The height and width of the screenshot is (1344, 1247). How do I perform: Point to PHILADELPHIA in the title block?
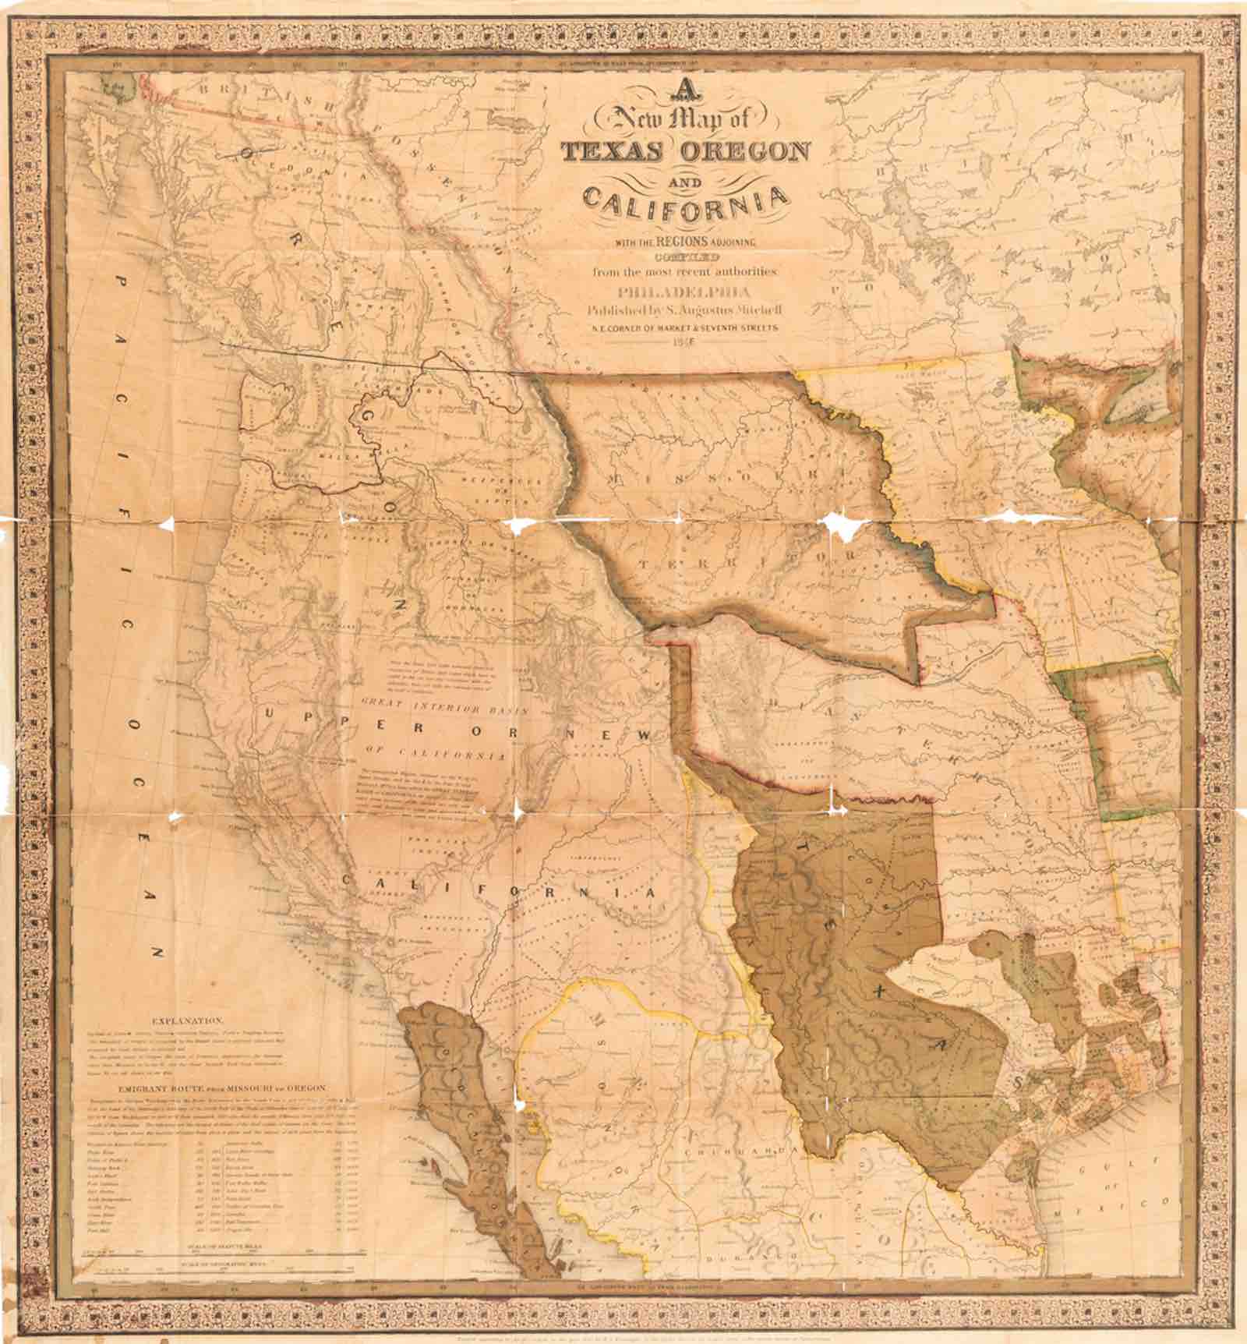click(x=684, y=293)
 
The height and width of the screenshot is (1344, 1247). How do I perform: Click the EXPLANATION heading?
click(x=189, y=1020)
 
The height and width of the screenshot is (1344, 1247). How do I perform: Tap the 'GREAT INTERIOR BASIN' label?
click(x=444, y=711)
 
